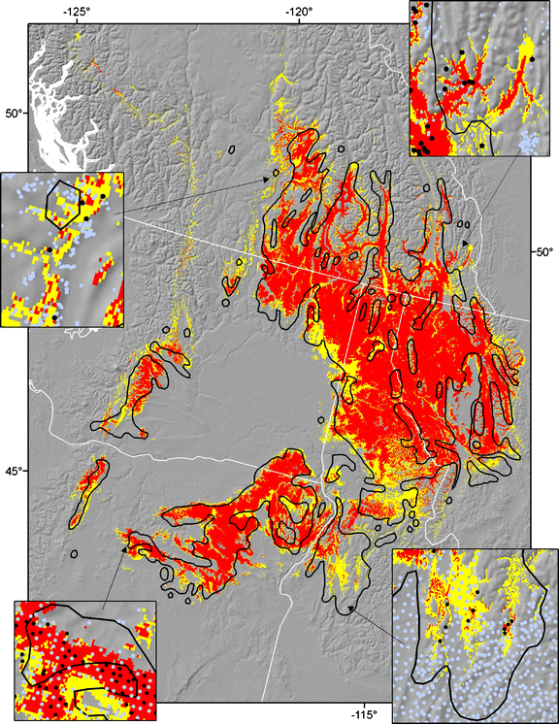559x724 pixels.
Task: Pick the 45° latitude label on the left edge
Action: click(x=13, y=471)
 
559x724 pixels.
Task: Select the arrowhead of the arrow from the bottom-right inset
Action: click(x=346, y=609)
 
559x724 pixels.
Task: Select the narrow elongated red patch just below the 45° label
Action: click(x=87, y=490)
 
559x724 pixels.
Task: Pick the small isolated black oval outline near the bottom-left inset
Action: click(x=74, y=554)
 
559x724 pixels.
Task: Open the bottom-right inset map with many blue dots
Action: click(x=475, y=636)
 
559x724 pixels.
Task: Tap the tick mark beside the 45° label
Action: click(x=30, y=471)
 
